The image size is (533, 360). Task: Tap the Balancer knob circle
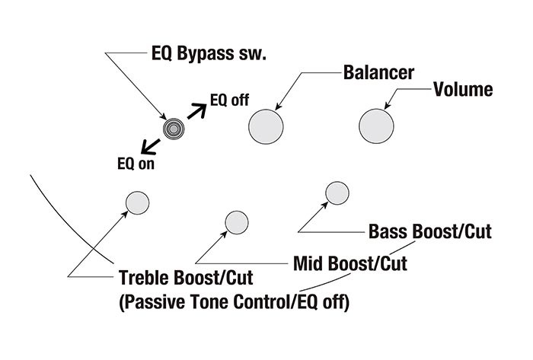coord(266,124)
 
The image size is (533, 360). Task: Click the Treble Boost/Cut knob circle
coord(137,202)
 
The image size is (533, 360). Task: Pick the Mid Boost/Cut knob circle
coord(236,222)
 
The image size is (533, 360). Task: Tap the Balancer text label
coord(378,73)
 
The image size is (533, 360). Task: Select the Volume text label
coord(462,89)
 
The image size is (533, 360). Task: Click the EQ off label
coord(230,99)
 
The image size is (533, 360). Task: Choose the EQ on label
coord(136,163)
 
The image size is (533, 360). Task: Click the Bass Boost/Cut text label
coord(429,231)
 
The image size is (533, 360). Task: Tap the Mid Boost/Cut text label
coord(349,264)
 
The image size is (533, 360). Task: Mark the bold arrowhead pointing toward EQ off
coord(203,109)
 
